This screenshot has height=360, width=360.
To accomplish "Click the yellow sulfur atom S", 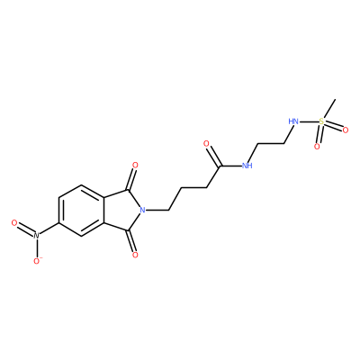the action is point(321,121).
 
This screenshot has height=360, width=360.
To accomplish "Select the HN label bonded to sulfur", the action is point(293,121).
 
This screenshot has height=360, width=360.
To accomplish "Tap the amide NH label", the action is point(247,166).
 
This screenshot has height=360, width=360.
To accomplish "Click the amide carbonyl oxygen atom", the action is point(206,144).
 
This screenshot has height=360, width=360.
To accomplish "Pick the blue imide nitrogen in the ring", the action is point(142,210).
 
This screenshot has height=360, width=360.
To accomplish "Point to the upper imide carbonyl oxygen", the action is point(135,166).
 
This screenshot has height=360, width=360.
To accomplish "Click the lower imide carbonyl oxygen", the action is point(135,255).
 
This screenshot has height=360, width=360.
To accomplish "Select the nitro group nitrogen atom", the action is point(36,236).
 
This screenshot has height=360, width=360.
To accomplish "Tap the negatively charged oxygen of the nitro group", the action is point(37,261).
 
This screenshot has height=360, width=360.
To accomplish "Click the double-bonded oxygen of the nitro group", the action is point(14,223).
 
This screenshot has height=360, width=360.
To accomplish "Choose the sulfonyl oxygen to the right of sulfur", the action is point(346,130).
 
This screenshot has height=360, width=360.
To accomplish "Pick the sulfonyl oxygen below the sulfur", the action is point(317,147).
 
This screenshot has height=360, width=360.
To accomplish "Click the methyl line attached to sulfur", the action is point(329,109).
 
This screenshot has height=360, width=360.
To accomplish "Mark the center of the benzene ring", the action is point(81,210).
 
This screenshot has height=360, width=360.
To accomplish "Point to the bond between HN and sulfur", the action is point(309,121).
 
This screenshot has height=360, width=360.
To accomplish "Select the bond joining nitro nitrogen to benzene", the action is point(49,229).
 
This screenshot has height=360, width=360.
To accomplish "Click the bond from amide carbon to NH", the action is point(231,166).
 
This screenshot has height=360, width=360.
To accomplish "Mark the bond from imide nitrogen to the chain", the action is point(157,210).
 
